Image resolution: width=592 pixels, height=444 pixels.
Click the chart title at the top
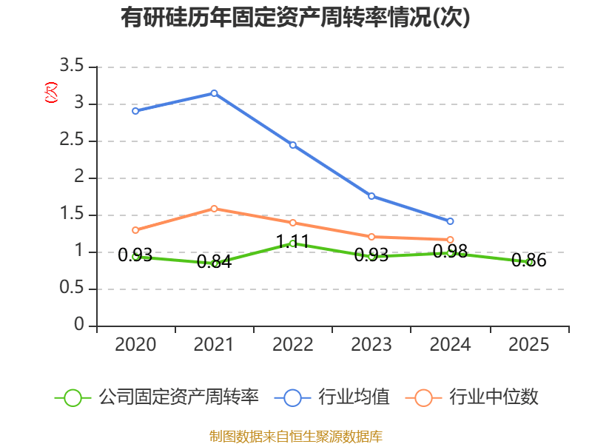click(296, 17)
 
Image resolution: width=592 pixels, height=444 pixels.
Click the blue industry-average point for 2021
click(214, 93)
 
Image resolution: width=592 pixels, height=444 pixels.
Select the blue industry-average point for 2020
click(135, 111)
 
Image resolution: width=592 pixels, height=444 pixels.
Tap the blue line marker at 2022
click(293, 145)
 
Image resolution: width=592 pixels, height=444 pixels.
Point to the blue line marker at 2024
click(450, 221)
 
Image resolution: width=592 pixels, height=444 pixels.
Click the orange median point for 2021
click(214, 209)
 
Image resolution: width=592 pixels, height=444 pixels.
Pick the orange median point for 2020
click(135, 230)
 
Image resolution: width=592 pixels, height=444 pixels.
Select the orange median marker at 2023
click(371, 237)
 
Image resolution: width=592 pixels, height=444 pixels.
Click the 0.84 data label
click(214, 261)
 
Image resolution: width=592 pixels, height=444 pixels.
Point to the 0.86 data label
click(528, 260)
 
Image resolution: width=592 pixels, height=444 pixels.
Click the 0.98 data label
click(450, 252)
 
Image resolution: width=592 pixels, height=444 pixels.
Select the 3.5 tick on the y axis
click(73, 67)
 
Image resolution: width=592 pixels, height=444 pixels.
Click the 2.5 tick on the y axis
click(73, 141)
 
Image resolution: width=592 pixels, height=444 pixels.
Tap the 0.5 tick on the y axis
click(73, 289)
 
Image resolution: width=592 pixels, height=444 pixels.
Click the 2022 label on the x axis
click(293, 345)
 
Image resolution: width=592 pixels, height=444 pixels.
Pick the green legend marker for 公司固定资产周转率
click(73, 397)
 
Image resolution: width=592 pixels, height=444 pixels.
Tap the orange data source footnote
click(296, 436)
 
